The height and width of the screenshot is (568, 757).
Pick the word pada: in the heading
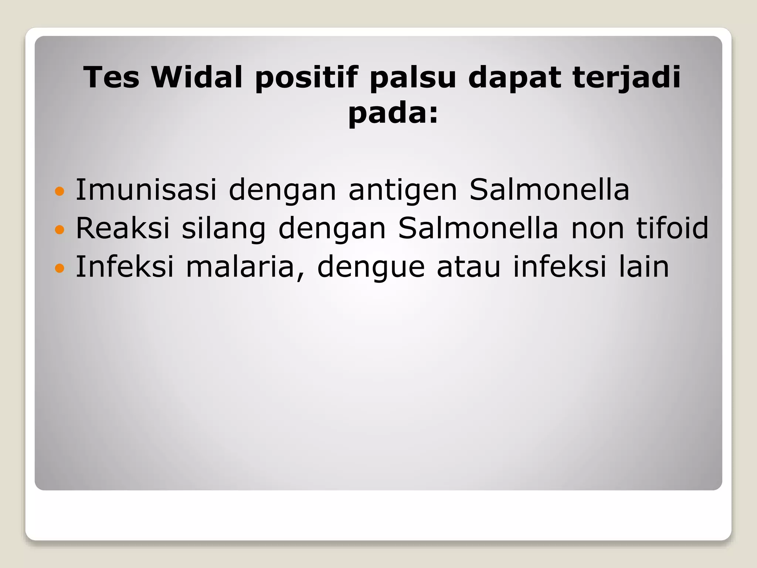[x=393, y=113]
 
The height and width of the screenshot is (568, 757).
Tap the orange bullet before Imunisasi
[x=59, y=192]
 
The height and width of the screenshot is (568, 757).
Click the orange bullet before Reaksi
[x=59, y=230]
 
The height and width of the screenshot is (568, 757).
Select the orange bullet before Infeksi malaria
[x=59, y=268]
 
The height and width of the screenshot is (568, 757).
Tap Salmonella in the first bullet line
[x=549, y=190]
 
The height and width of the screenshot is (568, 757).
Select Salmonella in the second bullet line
[x=478, y=228]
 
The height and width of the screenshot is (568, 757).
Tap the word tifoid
[x=672, y=228]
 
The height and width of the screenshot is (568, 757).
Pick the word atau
[x=469, y=267]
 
